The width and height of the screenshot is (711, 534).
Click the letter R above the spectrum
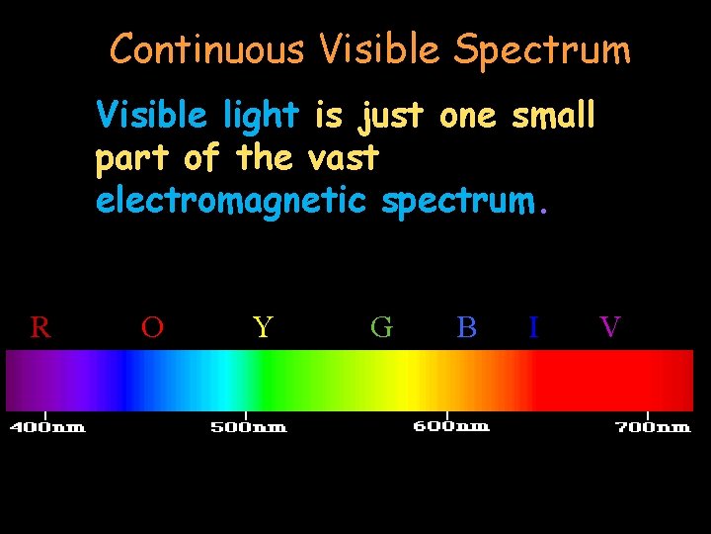point(40,327)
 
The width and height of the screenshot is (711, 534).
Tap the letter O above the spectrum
point(152,327)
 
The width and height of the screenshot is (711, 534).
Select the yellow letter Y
point(262,327)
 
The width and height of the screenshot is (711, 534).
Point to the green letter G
point(381,327)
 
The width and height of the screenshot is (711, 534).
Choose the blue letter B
point(467,327)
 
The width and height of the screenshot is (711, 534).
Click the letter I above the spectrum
point(533,327)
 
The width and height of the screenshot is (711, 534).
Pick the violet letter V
point(610,327)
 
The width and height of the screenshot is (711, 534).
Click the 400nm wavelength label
point(47,428)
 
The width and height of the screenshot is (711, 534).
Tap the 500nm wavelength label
point(248,428)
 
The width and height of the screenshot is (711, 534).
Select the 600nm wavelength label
point(450,426)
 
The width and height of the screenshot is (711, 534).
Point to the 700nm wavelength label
point(653,428)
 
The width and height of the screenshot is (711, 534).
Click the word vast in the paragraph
point(343,157)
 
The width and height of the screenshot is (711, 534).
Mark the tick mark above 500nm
point(246,415)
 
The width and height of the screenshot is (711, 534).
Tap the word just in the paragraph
point(390,116)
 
